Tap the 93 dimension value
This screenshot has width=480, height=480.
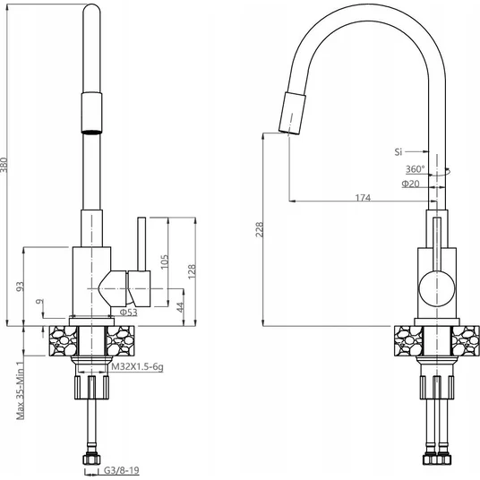click(21, 287)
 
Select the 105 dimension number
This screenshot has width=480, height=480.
click(165, 261)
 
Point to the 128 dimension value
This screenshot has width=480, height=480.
click(192, 271)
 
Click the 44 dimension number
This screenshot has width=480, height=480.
click(180, 307)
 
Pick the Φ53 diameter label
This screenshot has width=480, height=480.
click(129, 313)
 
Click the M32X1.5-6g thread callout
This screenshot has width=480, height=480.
click(137, 366)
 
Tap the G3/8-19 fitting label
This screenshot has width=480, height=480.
click(122, 470)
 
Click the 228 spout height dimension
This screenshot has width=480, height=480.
click(260, 229)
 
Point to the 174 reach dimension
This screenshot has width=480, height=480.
click(363, 197)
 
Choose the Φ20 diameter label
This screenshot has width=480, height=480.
click(410, 184)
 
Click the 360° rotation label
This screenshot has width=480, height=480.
click(416, 169)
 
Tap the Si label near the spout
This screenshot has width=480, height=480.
click(399, 152)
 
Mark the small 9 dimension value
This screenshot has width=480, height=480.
click(39, 302)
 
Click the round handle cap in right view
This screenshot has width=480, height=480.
click(437, 288)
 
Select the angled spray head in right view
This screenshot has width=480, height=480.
click(292, 113)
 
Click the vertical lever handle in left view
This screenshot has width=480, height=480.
click(141, 244)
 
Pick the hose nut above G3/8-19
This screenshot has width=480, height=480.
click(91, 459)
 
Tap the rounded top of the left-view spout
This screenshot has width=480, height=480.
click(91, 8)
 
